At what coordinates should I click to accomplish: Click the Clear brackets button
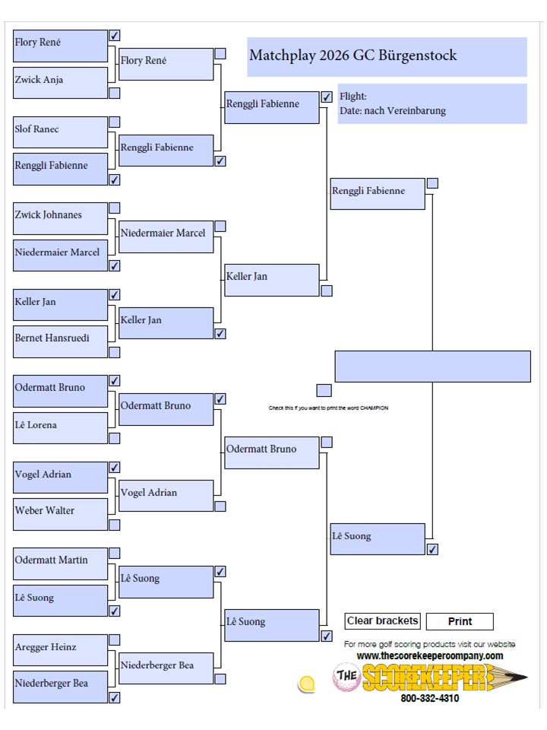[x=382, y=621]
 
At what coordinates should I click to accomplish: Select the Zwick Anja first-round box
[x=61, y=83]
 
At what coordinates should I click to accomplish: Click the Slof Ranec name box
[x=61, y=132]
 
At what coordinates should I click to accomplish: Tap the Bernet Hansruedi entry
[x=61, y=341]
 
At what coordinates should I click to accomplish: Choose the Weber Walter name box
[x=61, y=515]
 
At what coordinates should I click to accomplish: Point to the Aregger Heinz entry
[x=61, y=650]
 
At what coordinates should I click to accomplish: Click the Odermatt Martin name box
[x=61, y=563]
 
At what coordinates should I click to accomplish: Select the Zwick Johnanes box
[x=61, y=218]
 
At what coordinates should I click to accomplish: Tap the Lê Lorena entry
[x=61, y=428]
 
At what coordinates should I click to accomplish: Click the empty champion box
[x=432, y=367]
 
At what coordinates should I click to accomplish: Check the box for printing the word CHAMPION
[x=324, y=390]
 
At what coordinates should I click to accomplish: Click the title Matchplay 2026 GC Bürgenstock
[x=353, y=56]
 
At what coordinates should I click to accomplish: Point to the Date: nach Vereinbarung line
[x=393, y=111]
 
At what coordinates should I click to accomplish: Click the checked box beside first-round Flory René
[x=115, y=36]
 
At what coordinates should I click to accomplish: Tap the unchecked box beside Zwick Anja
[x=115, y=93]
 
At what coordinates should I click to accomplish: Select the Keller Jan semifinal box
[x=272, y=281]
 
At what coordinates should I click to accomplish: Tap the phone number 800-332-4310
[x=430, y=698]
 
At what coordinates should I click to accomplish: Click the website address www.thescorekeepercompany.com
[x=430, y=656]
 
